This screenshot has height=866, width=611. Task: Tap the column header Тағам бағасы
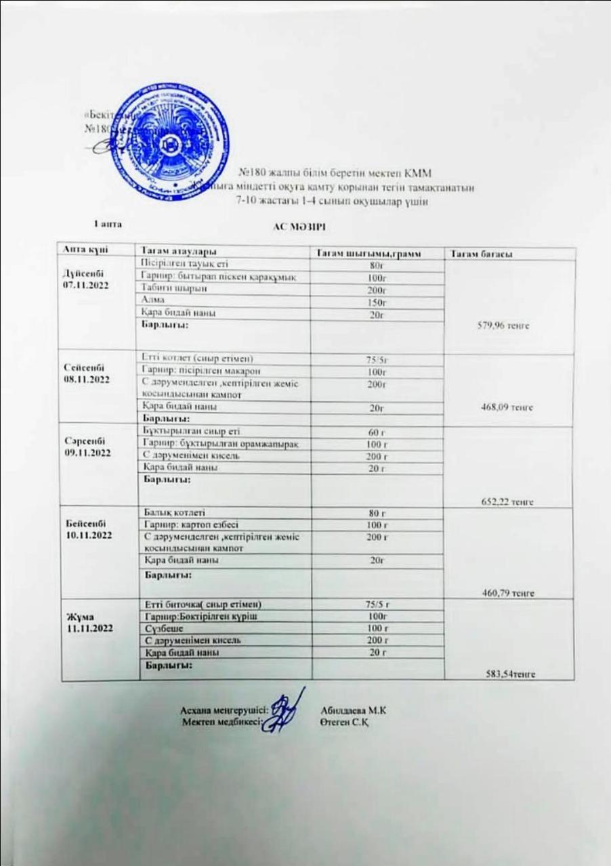coord(478,253)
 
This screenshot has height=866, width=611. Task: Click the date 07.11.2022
coord(83,286)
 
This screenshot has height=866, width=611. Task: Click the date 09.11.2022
coord(83,453)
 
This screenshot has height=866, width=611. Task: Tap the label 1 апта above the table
coord(107,223)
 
